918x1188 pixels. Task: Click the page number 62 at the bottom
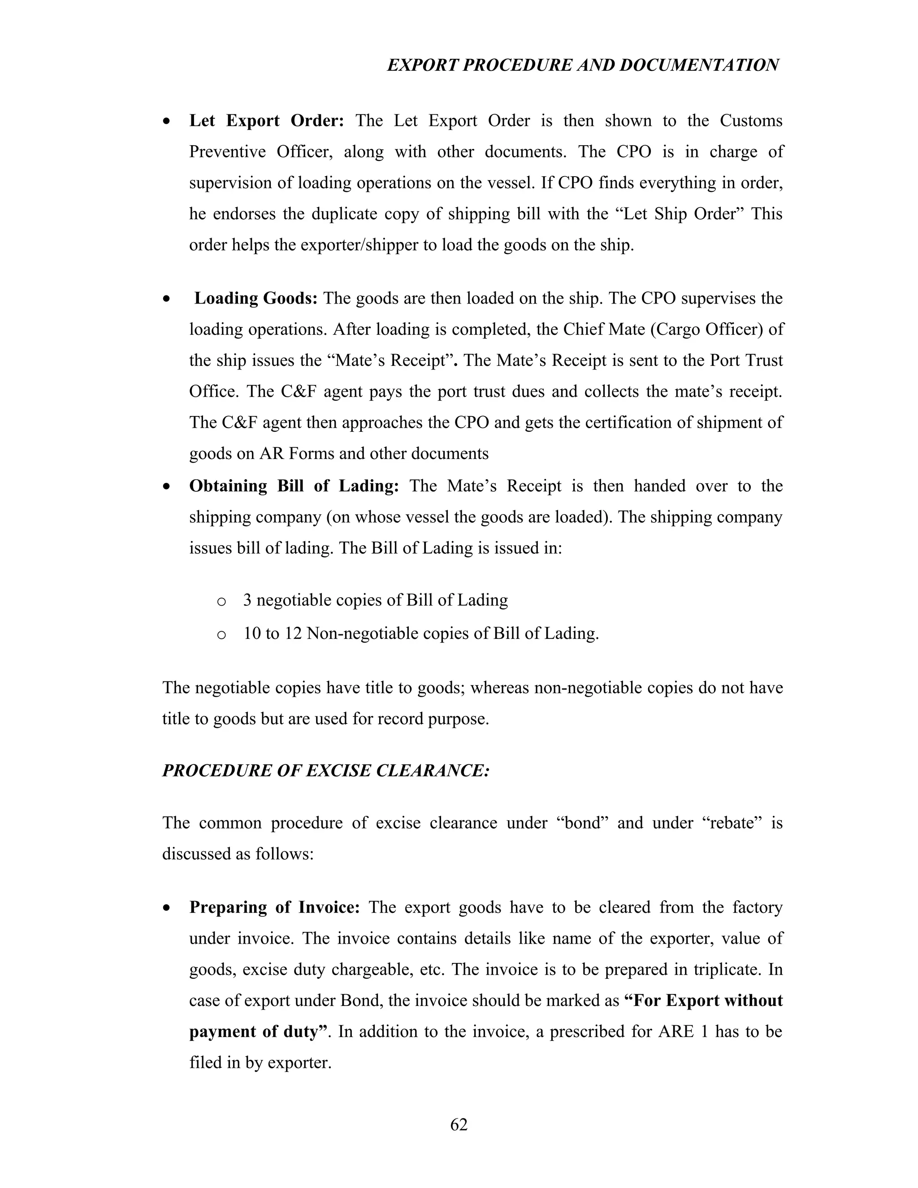pyautogui.click(x=459, y=1124)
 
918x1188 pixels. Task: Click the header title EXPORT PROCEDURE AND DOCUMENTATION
pyautogui.click(x=582, y=65)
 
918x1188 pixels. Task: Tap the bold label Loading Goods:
pyautogui.click(x=255, y=298)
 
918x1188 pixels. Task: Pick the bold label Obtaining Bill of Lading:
pyautogui.click(x=294, y=486)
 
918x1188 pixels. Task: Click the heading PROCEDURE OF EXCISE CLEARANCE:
pyautogui.click(x=326, y=771)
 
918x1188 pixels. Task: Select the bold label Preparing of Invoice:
pyautogui.click(x=274, y=907)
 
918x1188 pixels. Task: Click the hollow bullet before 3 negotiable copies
pyautogui.click(x=221, y=602)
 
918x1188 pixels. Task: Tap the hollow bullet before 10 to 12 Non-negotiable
pyautogui.click(x=221, y=635)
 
